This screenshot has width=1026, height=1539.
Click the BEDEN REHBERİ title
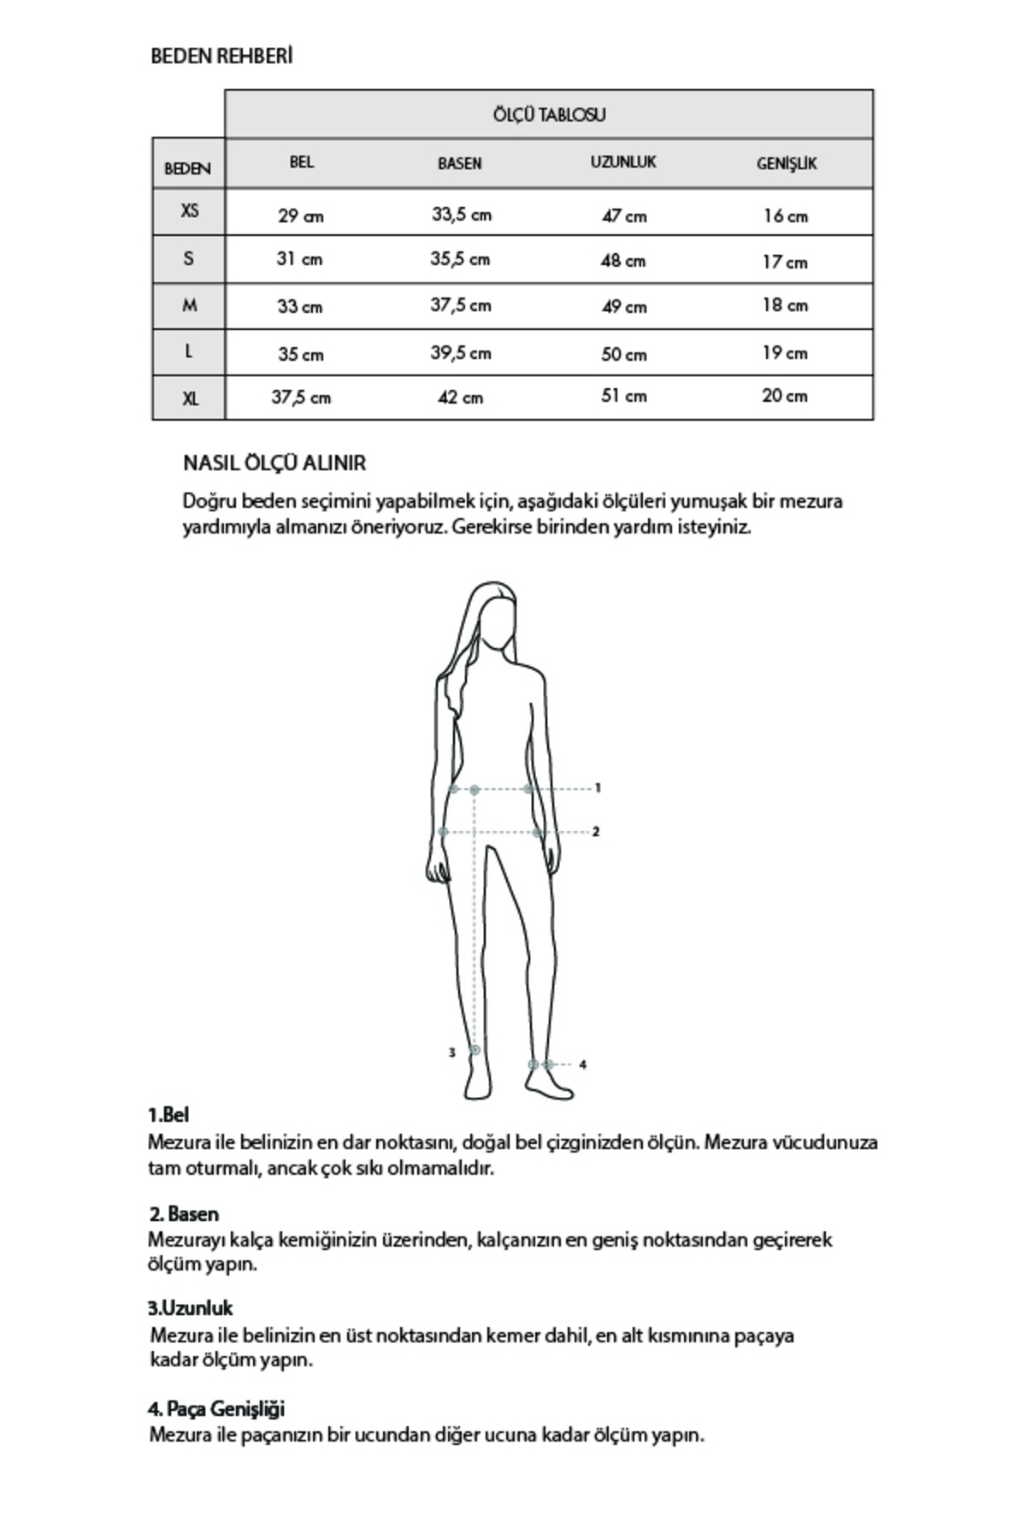221,56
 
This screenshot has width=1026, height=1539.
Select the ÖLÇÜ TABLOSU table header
549,115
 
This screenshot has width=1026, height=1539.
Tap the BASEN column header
460,163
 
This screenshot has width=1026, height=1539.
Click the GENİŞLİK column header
787,163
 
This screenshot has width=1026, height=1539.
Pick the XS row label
189,210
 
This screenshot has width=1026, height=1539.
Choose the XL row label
189,398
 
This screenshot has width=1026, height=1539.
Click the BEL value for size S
299,259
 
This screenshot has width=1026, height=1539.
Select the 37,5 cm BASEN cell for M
460,305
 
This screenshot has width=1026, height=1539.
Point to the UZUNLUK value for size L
623,353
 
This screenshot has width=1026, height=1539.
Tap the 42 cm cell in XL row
460,398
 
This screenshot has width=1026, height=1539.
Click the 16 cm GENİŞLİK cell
785,216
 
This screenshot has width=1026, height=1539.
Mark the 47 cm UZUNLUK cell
623,216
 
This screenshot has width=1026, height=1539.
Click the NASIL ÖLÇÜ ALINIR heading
274,463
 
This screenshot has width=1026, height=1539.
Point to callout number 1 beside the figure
598,788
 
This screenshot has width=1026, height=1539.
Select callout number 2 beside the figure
596,831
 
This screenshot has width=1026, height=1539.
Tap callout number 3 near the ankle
452,1053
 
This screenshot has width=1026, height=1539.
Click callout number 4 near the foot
582,1065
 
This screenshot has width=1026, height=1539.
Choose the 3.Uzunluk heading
190,1309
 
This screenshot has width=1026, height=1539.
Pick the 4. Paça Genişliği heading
216,1409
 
